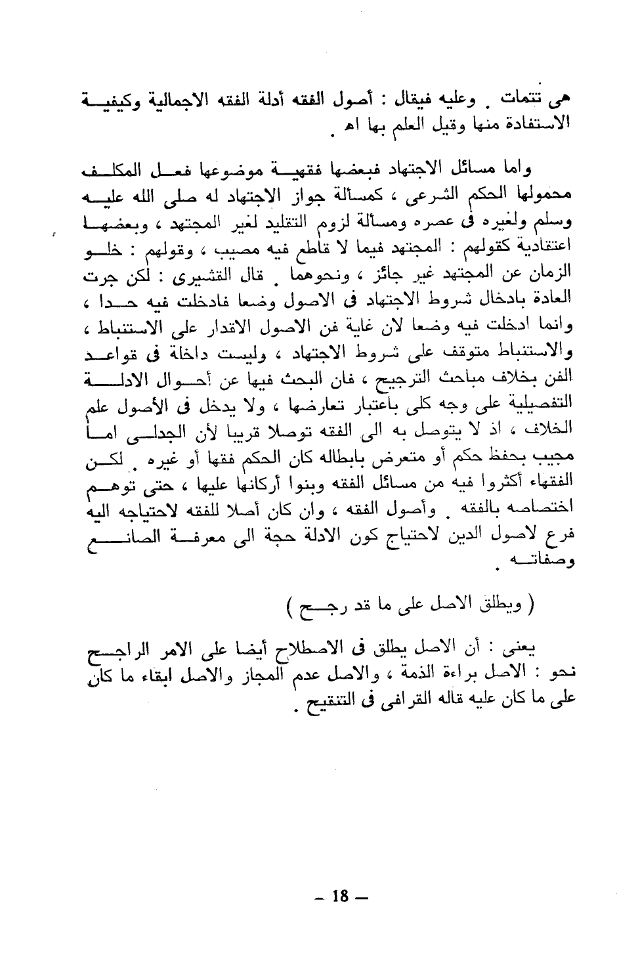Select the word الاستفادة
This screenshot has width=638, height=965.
click(x=524, y=122)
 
